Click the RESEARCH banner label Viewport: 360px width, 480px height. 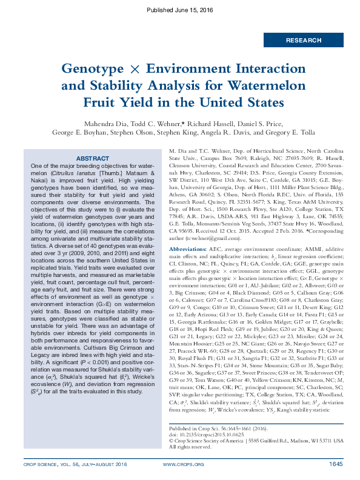[304, 40]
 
